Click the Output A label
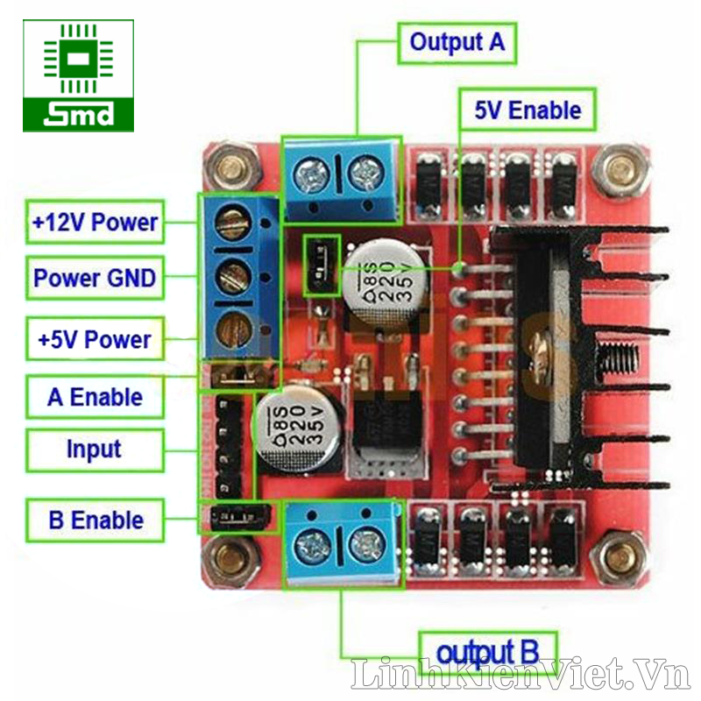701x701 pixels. [x=457, y=41]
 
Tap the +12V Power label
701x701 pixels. [x=95, y=223]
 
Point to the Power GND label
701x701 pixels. [x=95, y=279]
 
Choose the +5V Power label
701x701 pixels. [x=95, y=339]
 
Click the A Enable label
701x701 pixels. [x=95, y=397]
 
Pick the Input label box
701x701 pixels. [x=95, y=450]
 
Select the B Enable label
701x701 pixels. [x=95, y=519]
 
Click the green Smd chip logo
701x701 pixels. [x=79, y=75]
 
